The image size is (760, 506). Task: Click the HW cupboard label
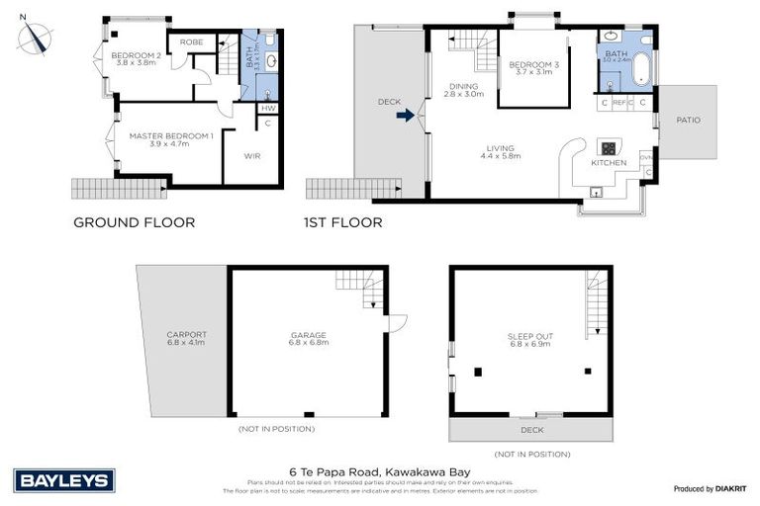coord(268,109)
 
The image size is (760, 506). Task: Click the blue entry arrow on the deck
coord(404,116)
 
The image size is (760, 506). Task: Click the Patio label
coord(688,121)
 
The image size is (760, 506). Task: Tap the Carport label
coord(186,334)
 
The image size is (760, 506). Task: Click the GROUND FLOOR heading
coord(135,222)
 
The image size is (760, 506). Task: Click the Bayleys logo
coord(65,481)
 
